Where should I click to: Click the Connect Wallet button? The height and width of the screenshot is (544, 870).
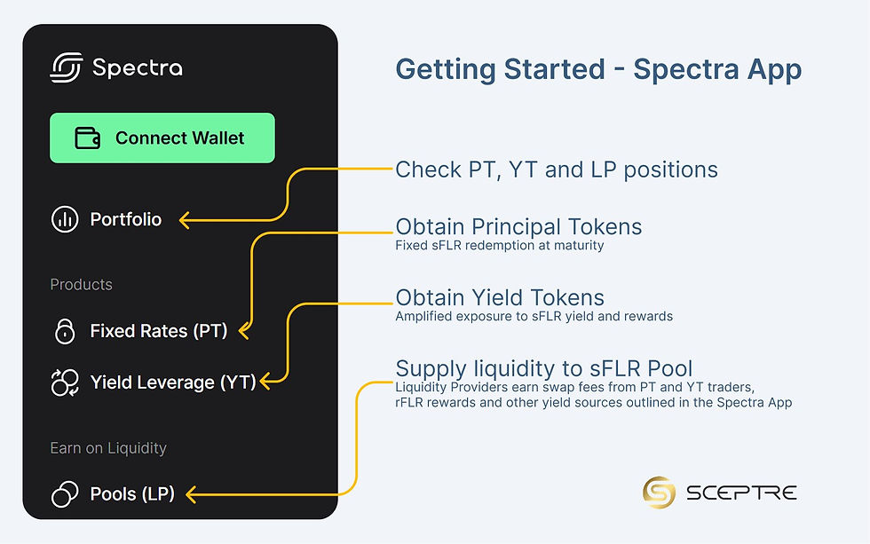click(162, 138)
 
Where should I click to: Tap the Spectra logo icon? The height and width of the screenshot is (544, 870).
click(66, 67)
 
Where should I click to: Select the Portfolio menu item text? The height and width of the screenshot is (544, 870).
click(126, 219)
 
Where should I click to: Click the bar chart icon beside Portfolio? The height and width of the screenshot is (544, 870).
click(65, 219)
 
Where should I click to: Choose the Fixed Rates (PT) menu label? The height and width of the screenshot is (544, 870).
click(159, 331)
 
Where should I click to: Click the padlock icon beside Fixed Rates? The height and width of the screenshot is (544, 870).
click(65, 331)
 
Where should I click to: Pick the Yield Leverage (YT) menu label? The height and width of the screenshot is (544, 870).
click(172, 382)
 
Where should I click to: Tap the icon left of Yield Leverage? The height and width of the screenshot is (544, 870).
click(65, 382)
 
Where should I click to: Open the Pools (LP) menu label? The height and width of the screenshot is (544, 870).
click(132, 493)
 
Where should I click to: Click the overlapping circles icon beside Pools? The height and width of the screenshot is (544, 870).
click(65, 493)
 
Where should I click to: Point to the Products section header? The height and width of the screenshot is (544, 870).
click(81, 285)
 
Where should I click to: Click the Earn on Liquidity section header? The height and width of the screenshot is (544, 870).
click(108, 448)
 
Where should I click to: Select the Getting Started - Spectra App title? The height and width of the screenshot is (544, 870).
click(597, 70)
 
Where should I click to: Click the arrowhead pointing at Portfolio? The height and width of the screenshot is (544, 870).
click(184, 219)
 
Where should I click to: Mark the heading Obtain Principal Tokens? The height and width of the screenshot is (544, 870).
click(518, 226)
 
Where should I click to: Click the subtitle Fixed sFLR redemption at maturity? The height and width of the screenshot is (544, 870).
click(499, 245)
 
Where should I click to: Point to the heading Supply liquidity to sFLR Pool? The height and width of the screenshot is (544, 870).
click(543, 368)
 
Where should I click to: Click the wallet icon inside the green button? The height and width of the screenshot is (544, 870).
click(87, 138)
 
